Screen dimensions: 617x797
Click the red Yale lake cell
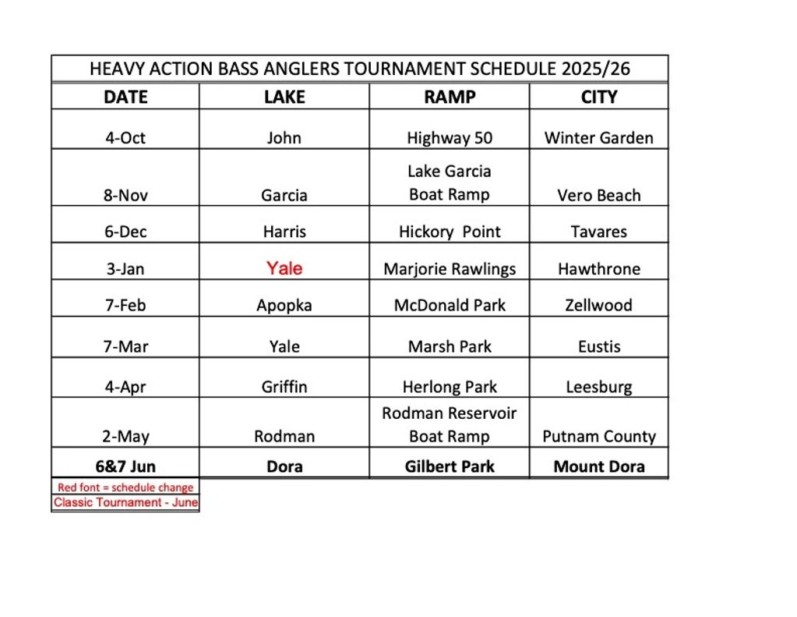pos(284,268)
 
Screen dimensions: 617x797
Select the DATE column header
pos(125,97)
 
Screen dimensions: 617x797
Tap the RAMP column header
pos(450,97)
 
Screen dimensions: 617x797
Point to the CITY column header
pos(598,97)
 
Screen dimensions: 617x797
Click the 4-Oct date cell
pos(125,138)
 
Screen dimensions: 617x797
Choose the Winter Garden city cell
pos(598,138)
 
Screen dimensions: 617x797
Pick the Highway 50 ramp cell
pos(450,138)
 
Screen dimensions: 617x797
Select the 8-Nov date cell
pos(125,195)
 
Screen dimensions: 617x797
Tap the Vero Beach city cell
pos(598,195)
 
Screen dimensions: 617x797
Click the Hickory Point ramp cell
pos(450,232)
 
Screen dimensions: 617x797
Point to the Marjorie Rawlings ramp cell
pos(450,269)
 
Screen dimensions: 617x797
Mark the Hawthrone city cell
pos(598,269)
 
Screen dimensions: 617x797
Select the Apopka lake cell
pos(284,305)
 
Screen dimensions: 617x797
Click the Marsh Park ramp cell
pos(450,346)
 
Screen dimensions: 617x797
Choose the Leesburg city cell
pos(598,387)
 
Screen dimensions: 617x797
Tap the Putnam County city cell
pos(598,436)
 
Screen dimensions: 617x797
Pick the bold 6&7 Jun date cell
pos(125,466)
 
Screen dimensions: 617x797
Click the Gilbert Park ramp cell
pos(450,466)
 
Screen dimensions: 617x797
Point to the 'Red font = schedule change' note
pos(125,488)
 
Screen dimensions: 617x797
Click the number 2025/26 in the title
pos(595,69)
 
